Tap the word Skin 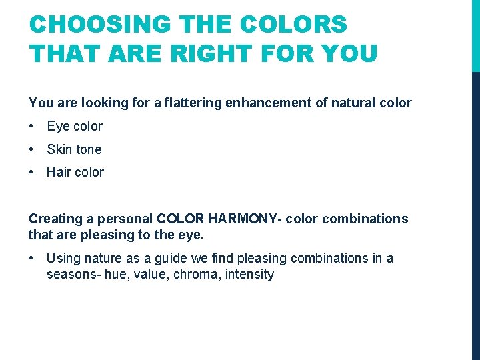(x=59, y=149)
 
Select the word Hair (x=59, y=172)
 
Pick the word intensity (x=250, y=275)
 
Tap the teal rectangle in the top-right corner (x=475, y=35)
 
